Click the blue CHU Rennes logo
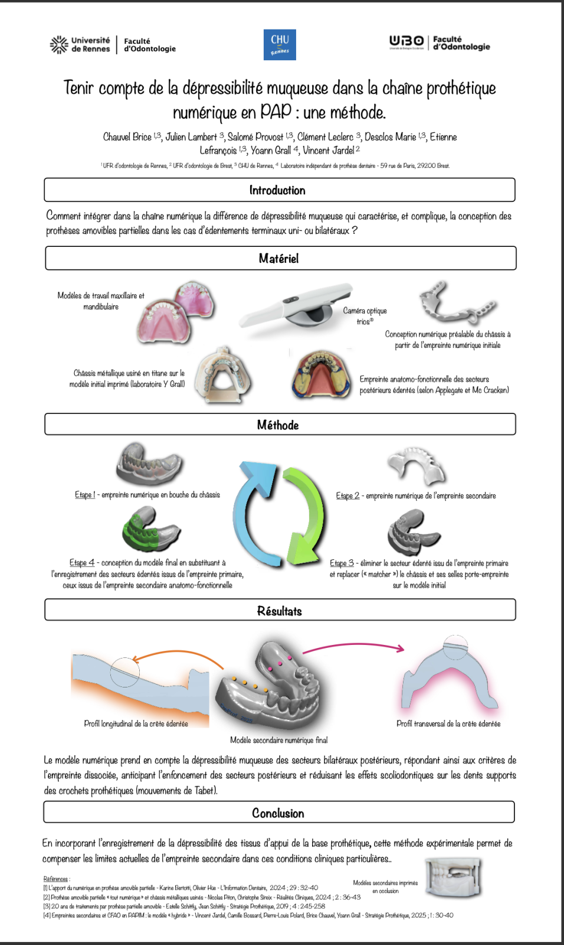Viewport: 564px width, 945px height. [x=280, y=45]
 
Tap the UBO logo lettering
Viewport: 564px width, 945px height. [x=406, y=41]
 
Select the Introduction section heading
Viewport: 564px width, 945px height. [x=277, y=190]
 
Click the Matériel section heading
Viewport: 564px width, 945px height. [x=278, y=258]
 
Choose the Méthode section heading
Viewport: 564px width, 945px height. [x=278, y=425]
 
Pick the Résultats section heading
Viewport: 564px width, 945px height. [x=279, y=611]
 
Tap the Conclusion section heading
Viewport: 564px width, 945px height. [x=278, y=813]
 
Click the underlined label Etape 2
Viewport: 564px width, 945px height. [x=347, y=496]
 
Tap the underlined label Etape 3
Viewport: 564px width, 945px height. [x=342, y=563]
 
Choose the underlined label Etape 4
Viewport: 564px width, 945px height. [x=81, y=563]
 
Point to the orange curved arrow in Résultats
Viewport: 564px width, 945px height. [x=177, y=655]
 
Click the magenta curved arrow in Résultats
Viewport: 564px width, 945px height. [x=354, y=647]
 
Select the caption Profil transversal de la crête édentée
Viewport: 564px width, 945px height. [x=448, y=724]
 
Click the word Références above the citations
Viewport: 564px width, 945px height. [x=55, y=879]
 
